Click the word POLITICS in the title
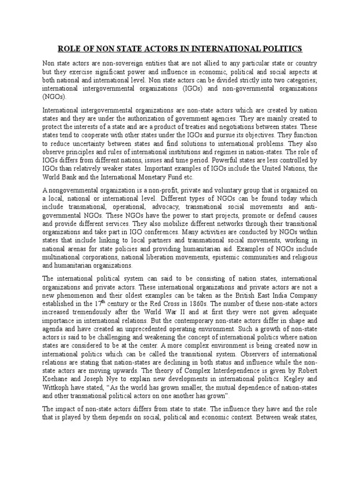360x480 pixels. click(279, 49)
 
